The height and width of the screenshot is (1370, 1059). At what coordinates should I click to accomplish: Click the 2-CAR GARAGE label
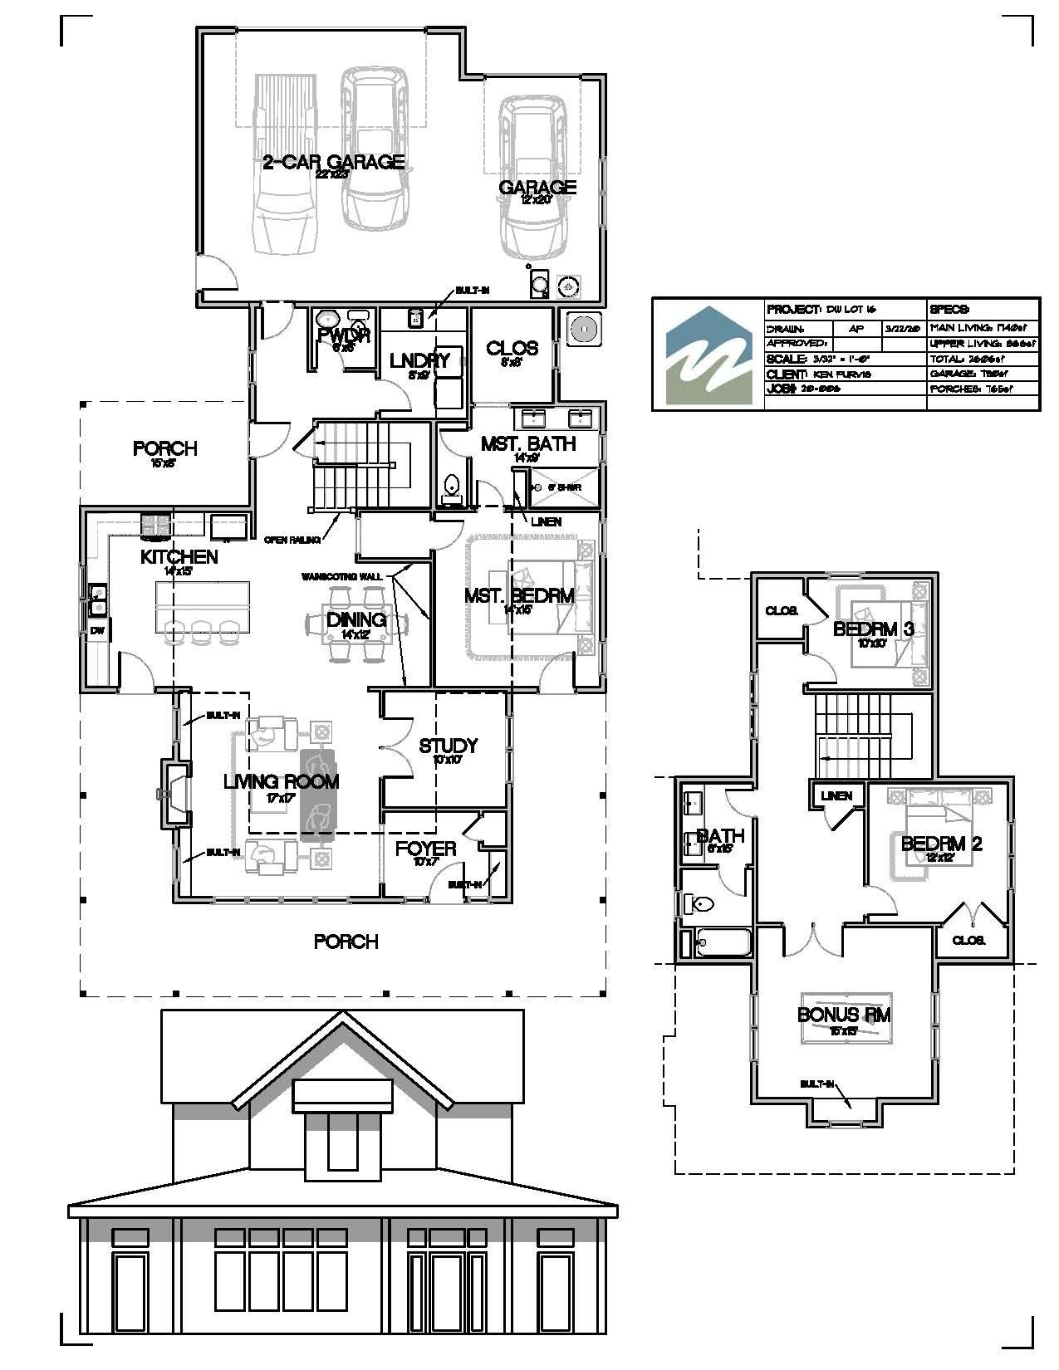point(333,162)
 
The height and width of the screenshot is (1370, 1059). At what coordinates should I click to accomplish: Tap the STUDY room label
point(448,746)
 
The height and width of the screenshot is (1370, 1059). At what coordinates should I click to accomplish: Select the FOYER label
point(425,849)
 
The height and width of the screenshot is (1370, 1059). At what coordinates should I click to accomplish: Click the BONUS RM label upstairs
point(844,1015)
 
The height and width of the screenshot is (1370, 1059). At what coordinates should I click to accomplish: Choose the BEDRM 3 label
point(873,629)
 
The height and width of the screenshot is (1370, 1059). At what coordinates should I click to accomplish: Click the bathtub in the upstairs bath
point(723,942)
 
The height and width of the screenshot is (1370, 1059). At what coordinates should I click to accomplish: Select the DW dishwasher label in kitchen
point(97,632)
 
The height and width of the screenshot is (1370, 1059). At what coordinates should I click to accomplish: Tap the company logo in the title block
point(708,355)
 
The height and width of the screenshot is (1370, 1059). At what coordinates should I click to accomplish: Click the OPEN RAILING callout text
point(292,541)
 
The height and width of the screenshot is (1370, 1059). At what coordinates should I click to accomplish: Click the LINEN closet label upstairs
point(836,795)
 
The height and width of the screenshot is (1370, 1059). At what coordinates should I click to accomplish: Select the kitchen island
point(202,599)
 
